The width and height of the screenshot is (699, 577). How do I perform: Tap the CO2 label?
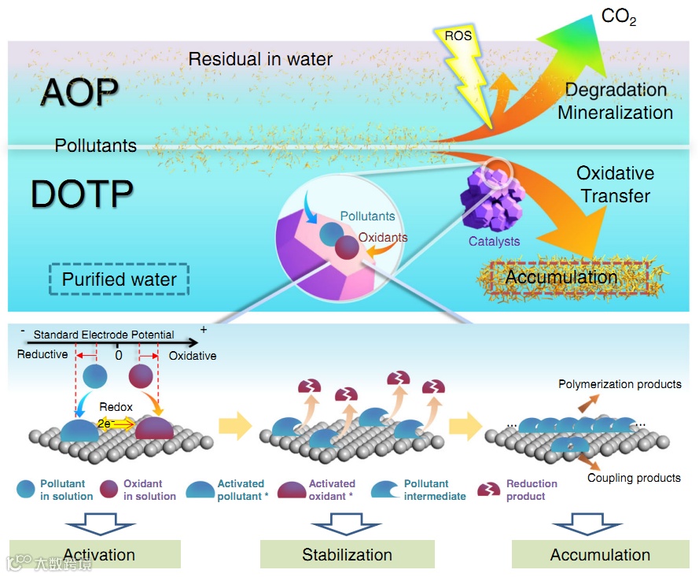point(618,16)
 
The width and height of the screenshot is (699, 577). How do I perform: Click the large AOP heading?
point(79,93)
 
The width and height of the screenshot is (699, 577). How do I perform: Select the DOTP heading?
point(81,194)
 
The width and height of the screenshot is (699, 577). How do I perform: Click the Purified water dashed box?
point(119,279)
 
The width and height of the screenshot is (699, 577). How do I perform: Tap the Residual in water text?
point(260,59)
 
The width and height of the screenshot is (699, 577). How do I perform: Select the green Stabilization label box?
point(347,554)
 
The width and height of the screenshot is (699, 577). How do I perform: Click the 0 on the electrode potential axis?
point(119,355)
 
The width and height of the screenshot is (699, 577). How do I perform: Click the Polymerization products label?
point(620,384)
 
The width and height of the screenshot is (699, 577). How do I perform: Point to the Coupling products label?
point(634,478)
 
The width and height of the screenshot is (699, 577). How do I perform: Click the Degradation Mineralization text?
point(615,101)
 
